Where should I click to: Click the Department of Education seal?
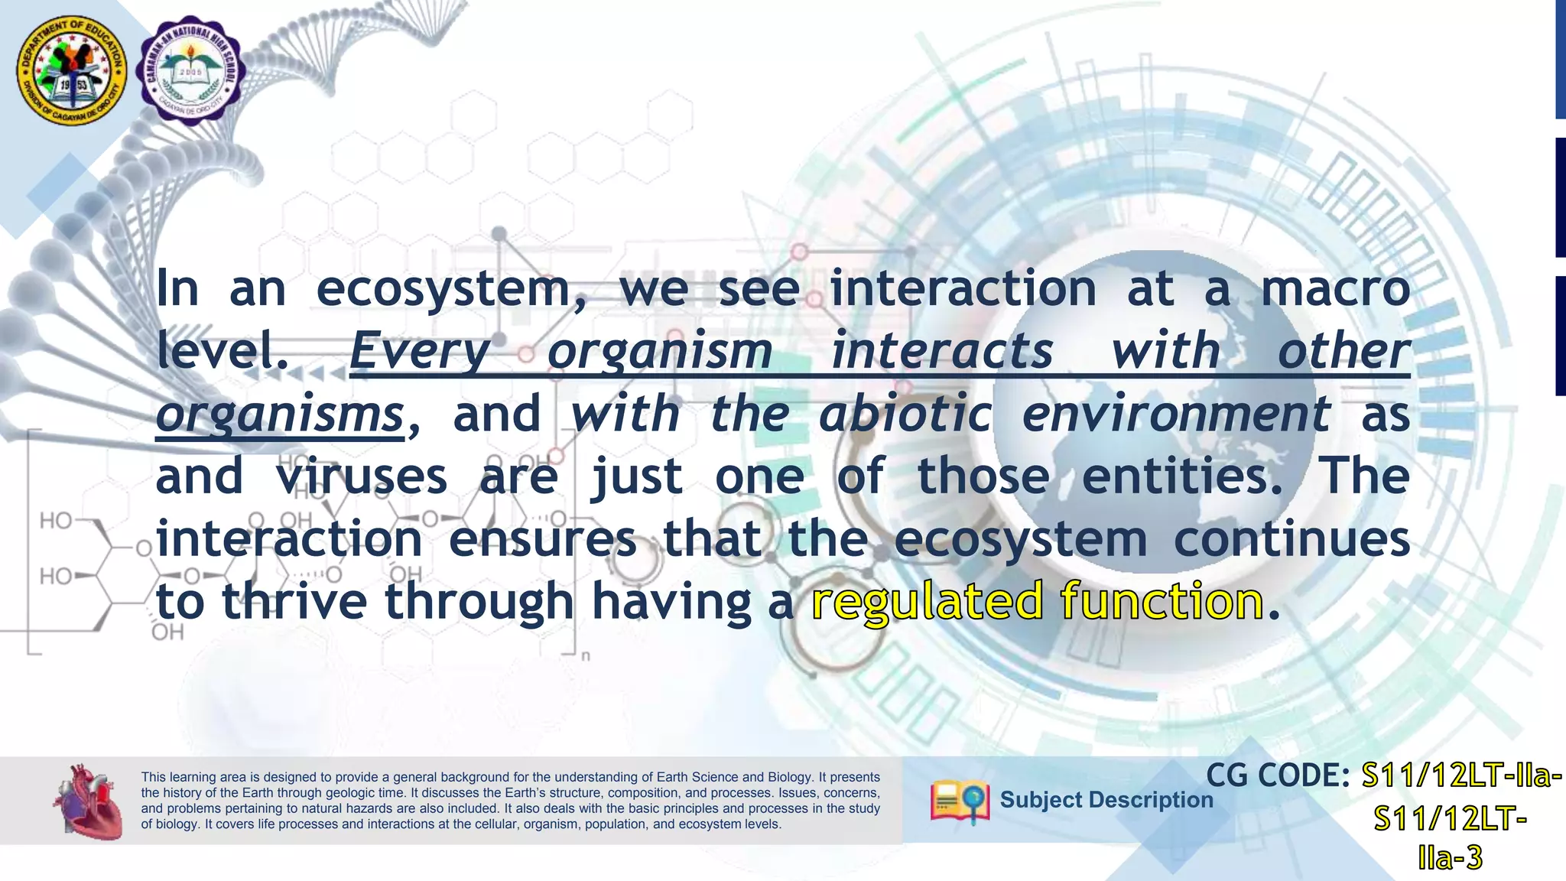point(73,72)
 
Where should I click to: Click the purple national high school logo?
point(190,70)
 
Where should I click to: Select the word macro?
point(1334,289)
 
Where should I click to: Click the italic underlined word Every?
point(420,352)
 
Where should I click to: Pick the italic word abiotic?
point(905,414)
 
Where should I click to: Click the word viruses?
point(361,476)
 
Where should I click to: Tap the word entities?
point(1182,476)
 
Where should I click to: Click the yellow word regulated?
point(927,602)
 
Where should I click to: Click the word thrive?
point(294,601)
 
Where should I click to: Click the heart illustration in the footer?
point(89,801)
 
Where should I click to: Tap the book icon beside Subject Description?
point(959,801)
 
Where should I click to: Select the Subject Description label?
point(1106,800)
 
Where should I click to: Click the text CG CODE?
point(1277,776)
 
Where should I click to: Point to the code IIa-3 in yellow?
point(1450,858)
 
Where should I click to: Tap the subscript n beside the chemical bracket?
point(586,656)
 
